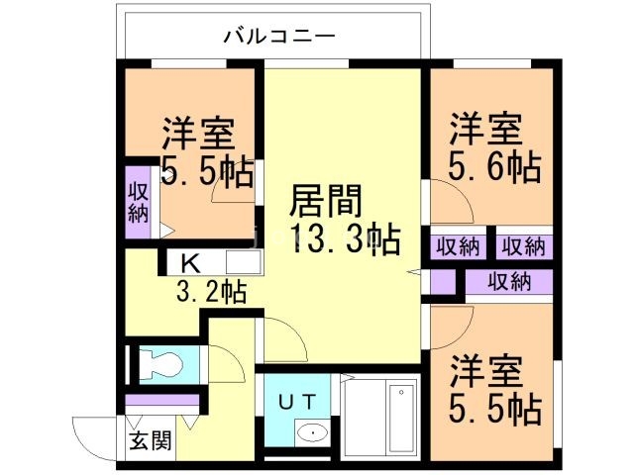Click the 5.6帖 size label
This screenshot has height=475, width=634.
click(x=495, y=166)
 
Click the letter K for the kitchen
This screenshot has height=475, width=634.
click(x=190, y=263)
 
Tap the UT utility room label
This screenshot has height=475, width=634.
click(x=296, y=402)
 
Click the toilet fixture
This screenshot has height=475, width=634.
click(x=159, y=363)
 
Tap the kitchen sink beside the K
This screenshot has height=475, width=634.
click(x=243, y=263)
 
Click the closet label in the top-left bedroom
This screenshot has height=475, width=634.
click(x=138, y=202)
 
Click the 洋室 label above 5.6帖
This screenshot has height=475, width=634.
click(x=486, y=130)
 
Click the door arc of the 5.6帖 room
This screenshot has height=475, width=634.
click(x=448, y=203)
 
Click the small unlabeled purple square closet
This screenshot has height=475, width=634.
click(x=443, y=282)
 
